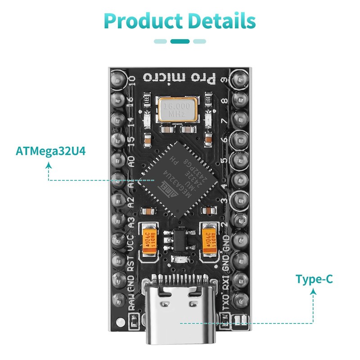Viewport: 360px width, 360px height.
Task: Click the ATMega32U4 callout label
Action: (50, 150)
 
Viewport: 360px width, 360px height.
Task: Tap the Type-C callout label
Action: (314, 279)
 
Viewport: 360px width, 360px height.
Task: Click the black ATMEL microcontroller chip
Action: (180, 172)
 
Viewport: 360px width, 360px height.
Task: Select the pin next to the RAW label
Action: (119, 299)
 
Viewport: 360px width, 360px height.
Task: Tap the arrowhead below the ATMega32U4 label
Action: (49, 165)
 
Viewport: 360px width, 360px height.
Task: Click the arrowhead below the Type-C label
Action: (314, 292)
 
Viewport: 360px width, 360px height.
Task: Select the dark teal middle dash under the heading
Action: (180, 41)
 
